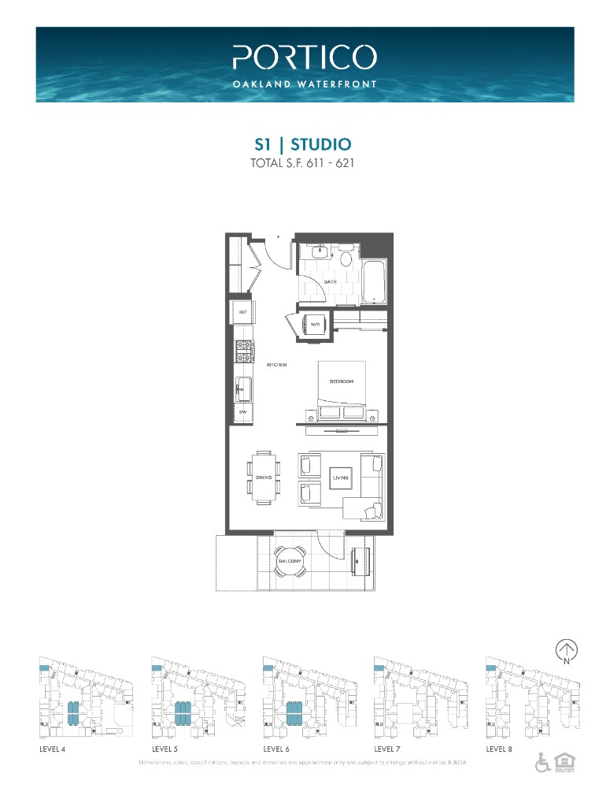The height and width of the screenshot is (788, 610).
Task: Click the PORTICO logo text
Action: [305, 57]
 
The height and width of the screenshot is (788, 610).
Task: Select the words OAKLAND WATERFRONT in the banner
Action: [305, 83]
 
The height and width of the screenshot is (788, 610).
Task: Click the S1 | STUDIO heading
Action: [303, 144]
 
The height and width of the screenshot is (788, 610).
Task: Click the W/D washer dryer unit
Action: [314, 325]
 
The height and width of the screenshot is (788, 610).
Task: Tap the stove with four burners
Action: [242, 351]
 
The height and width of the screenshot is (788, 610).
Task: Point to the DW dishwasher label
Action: [243, 412]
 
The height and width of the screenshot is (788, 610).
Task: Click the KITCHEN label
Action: [275, 366]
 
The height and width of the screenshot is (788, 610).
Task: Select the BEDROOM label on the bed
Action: [342, 382]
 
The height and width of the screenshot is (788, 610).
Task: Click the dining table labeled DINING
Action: [264, 476]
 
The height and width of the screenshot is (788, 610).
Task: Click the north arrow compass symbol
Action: [566, 649]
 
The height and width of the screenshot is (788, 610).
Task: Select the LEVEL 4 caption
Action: [52, 749]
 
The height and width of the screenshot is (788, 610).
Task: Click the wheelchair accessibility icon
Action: [542, 762]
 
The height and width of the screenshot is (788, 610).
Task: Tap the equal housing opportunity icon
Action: [563, 762]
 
